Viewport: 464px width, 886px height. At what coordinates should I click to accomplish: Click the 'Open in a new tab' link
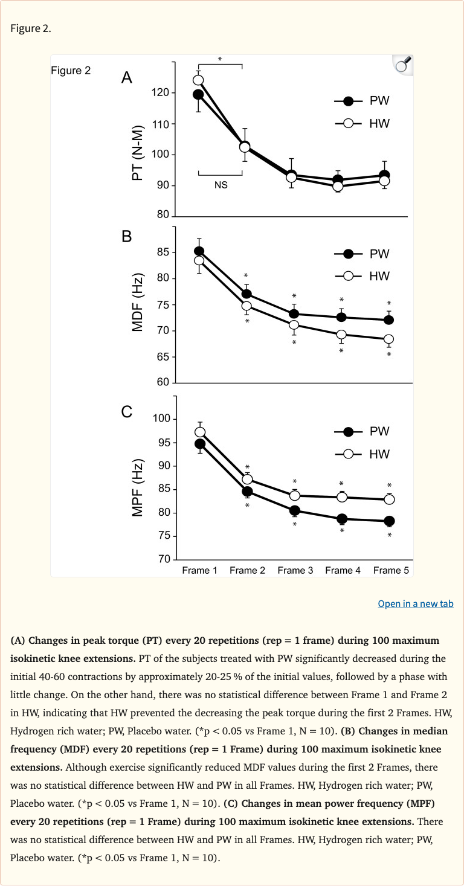(x=415, y=603)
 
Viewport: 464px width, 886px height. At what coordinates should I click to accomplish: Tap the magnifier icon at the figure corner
(x=402, y=65)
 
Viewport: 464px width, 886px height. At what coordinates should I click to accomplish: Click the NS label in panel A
(x=221, y=185)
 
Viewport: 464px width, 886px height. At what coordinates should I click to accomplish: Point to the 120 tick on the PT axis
(x=161, y=93)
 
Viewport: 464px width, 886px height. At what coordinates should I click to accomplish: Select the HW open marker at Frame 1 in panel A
(x=198, y=80)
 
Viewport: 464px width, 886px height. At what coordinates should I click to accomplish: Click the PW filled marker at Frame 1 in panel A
(x=198, y=94)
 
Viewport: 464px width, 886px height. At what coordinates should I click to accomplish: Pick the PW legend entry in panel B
(x=362, y=254)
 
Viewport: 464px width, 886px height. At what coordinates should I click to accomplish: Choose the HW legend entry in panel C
(x=362, y=454)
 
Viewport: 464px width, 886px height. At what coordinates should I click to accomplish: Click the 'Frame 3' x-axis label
(x=295, y=570)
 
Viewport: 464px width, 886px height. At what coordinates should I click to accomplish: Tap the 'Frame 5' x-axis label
(x=391, y=570)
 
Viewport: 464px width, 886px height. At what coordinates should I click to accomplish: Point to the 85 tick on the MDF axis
(x=161, y=252)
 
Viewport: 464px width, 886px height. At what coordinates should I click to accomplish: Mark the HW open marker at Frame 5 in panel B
(x=389, y=339)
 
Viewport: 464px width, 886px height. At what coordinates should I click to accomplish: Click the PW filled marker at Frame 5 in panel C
(x=389, y=521)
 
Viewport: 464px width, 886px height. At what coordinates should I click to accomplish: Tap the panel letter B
(x=126, y=236)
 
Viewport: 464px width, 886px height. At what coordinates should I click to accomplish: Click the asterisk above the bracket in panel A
(x=220, y=59)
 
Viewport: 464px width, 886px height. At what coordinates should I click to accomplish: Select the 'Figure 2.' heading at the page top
(x=31, y=28)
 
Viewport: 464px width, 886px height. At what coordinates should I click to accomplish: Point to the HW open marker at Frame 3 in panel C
(x=295, y=495)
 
